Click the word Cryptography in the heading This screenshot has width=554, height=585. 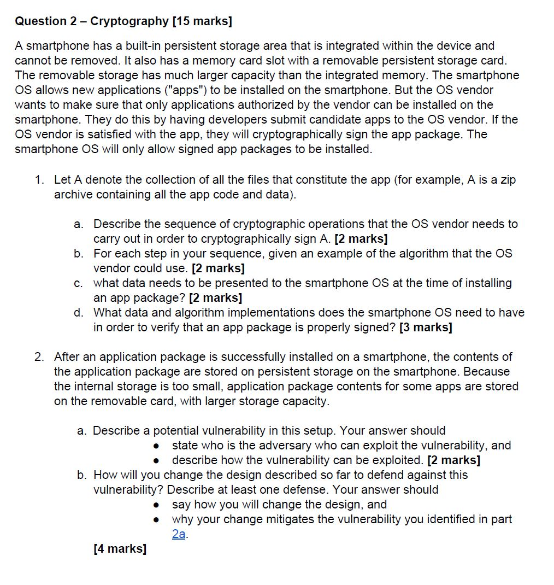tap(129, 21)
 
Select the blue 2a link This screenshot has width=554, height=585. tap(179, 534)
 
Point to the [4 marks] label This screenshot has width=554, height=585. tap(120, 549)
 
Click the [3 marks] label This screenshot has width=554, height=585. tap(426, 327)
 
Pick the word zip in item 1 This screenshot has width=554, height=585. tap(506, 180)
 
